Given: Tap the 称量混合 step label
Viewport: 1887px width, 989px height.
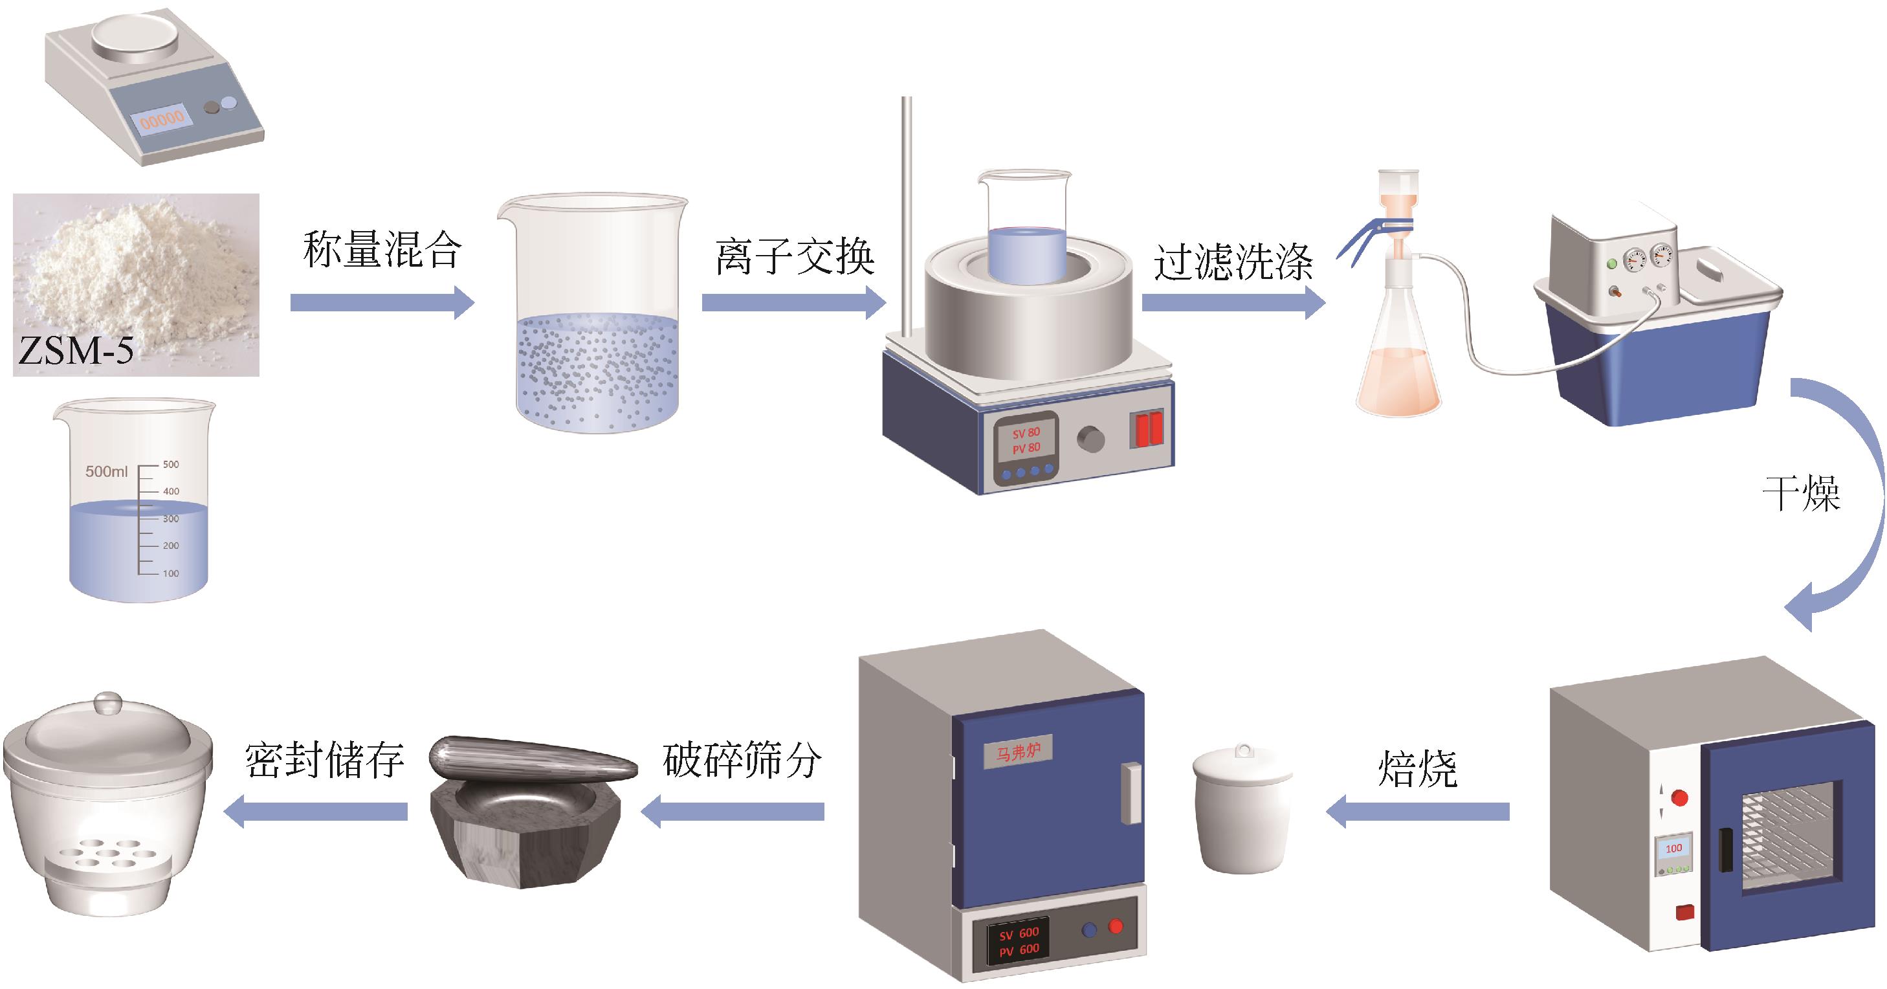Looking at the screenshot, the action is click(x=382, y=250).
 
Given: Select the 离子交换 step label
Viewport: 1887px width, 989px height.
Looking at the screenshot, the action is click(x=795, y=256).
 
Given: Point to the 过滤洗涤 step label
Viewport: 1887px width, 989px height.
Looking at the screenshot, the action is click(x=1233, y=261).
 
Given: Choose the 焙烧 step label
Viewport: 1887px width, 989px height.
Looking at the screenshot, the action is click(x=1417, y=769).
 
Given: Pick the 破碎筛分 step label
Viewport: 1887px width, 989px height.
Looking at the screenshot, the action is click(x=742, y=760).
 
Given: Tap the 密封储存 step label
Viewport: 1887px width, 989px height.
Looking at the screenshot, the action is click(x=324, y=760).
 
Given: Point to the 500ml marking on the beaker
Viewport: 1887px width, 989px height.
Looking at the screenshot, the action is click(x=106, y=471).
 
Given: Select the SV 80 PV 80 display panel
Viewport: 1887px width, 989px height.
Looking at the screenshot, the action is click(x=1026, y=440).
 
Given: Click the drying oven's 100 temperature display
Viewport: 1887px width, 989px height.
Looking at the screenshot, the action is click(x=1674, y=849).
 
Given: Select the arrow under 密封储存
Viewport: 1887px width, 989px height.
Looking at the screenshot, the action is click(x=315, y=812).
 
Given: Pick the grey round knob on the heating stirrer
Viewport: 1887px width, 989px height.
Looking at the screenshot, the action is click(x=1091, y=439).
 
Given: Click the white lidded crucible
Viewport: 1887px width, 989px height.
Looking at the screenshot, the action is click(x=1242, y=809).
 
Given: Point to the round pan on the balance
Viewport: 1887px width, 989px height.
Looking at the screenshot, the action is click(x=135, y=34).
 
